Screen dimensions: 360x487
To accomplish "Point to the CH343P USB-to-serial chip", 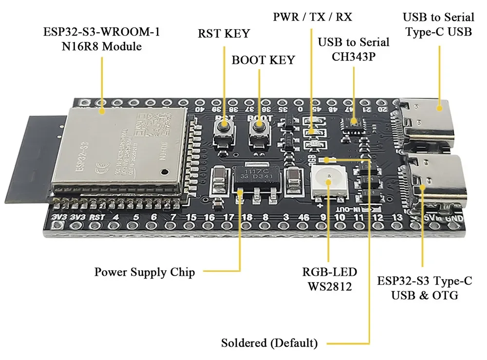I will [352, 122].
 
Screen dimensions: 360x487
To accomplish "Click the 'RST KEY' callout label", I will [224, 34].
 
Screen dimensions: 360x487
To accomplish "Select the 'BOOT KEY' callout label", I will [263, 60].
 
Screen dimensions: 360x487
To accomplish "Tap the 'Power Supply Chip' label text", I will [145, 272].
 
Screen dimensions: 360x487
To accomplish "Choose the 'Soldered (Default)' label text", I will [269, 343].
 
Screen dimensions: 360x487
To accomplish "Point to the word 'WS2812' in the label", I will [329, 286].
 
